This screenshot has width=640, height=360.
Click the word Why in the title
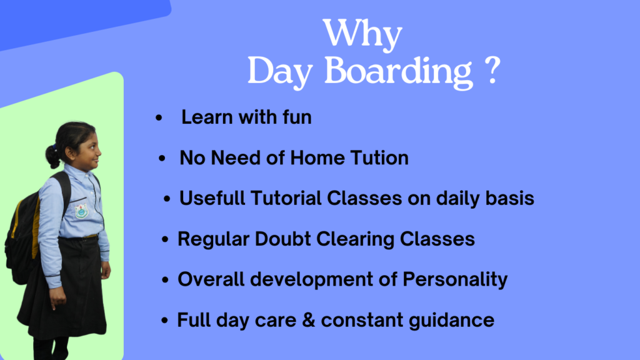[362, 34]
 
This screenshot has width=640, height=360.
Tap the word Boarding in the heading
[399, 71]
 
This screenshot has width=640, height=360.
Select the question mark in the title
[494, 70]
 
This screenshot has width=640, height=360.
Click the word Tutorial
[286, 198]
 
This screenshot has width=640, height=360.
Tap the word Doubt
[283, 239]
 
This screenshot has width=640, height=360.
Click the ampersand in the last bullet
[309, 320]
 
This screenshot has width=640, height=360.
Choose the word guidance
[451, 321]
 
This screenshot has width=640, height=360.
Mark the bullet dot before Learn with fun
[159, 118]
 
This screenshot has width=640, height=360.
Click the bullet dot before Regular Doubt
[165, 239]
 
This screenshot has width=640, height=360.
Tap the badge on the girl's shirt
[81, 211]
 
